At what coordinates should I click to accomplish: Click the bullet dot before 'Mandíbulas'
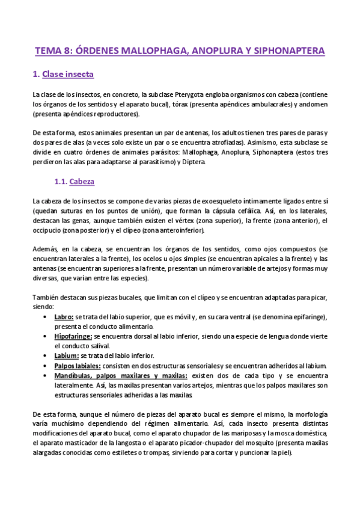[x=47, y=375]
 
